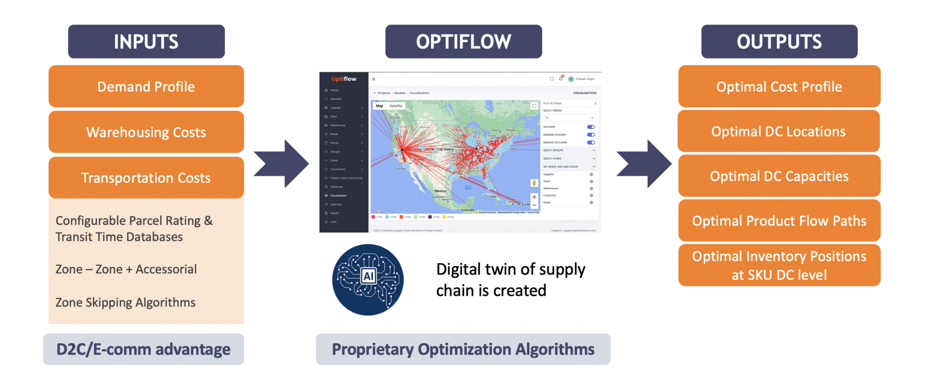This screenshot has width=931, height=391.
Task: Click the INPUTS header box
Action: [x=146, y=41]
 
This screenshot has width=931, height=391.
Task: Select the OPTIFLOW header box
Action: [x=463, y=41]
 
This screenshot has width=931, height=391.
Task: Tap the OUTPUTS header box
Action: [x=779, y=41]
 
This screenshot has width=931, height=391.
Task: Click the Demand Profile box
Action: [x=146, y=86]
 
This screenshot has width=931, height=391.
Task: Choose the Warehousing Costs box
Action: [x=146, y=132]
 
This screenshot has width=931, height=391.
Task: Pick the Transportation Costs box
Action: [x=146, y=177]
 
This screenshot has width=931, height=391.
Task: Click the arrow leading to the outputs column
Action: [x=645, y=164]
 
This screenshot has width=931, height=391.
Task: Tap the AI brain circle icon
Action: [x=368, y=280]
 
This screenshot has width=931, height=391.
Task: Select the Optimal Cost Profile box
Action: [x=779, y=86]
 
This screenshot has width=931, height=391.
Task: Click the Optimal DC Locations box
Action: [x=778, y=131]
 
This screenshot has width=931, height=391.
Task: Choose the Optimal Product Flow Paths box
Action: [x=779, y=221]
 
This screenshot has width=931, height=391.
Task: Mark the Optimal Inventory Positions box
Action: [x=779, y=265]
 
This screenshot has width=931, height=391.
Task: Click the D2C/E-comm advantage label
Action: [x=143, y=349]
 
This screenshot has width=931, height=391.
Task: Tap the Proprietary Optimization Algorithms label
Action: [x=463, y=349]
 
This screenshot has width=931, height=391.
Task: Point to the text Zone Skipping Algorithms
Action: [x=125, y=302]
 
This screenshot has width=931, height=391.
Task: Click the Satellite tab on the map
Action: [x=396, y=106]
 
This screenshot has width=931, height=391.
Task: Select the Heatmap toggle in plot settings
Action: [x=591, y=127]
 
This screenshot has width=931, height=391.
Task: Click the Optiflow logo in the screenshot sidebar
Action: [x=344, y=79]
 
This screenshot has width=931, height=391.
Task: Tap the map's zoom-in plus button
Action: [x=534, y=197]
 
